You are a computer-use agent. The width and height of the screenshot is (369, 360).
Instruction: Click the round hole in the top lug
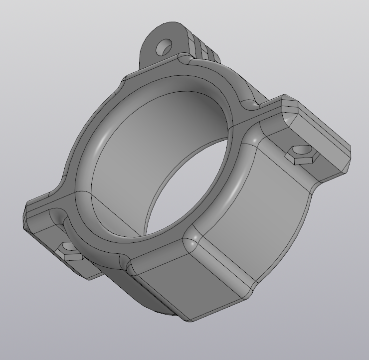[164, 48]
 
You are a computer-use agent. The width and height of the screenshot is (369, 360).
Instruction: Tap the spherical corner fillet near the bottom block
[191, 243]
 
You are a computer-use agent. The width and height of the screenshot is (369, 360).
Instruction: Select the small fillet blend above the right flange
[249, 105]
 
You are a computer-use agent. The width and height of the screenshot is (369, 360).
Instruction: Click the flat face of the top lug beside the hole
[150, 55]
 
